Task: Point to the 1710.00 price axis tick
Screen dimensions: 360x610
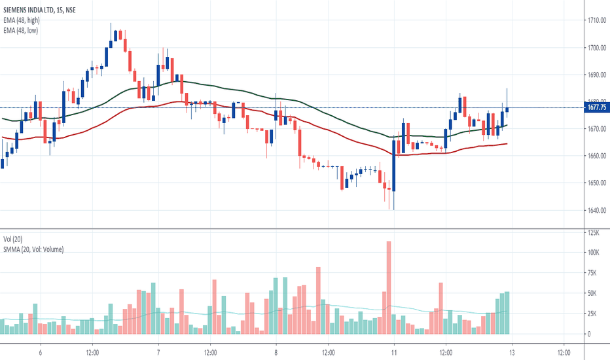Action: coord(596,21)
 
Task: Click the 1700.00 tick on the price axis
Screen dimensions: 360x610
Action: coord(596,48)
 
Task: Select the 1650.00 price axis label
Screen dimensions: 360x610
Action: coord(596,183)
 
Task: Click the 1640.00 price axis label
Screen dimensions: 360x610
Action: coord(596,210)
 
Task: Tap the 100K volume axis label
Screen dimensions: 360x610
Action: coord(593,253)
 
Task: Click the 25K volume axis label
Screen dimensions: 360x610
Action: coord(592,314)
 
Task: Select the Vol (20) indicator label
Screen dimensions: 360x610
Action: coord(14,240)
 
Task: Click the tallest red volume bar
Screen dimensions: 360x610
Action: coord(389,288)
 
